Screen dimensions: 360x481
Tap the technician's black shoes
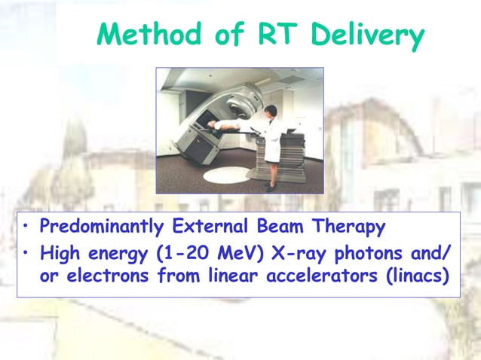click(269, 188)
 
